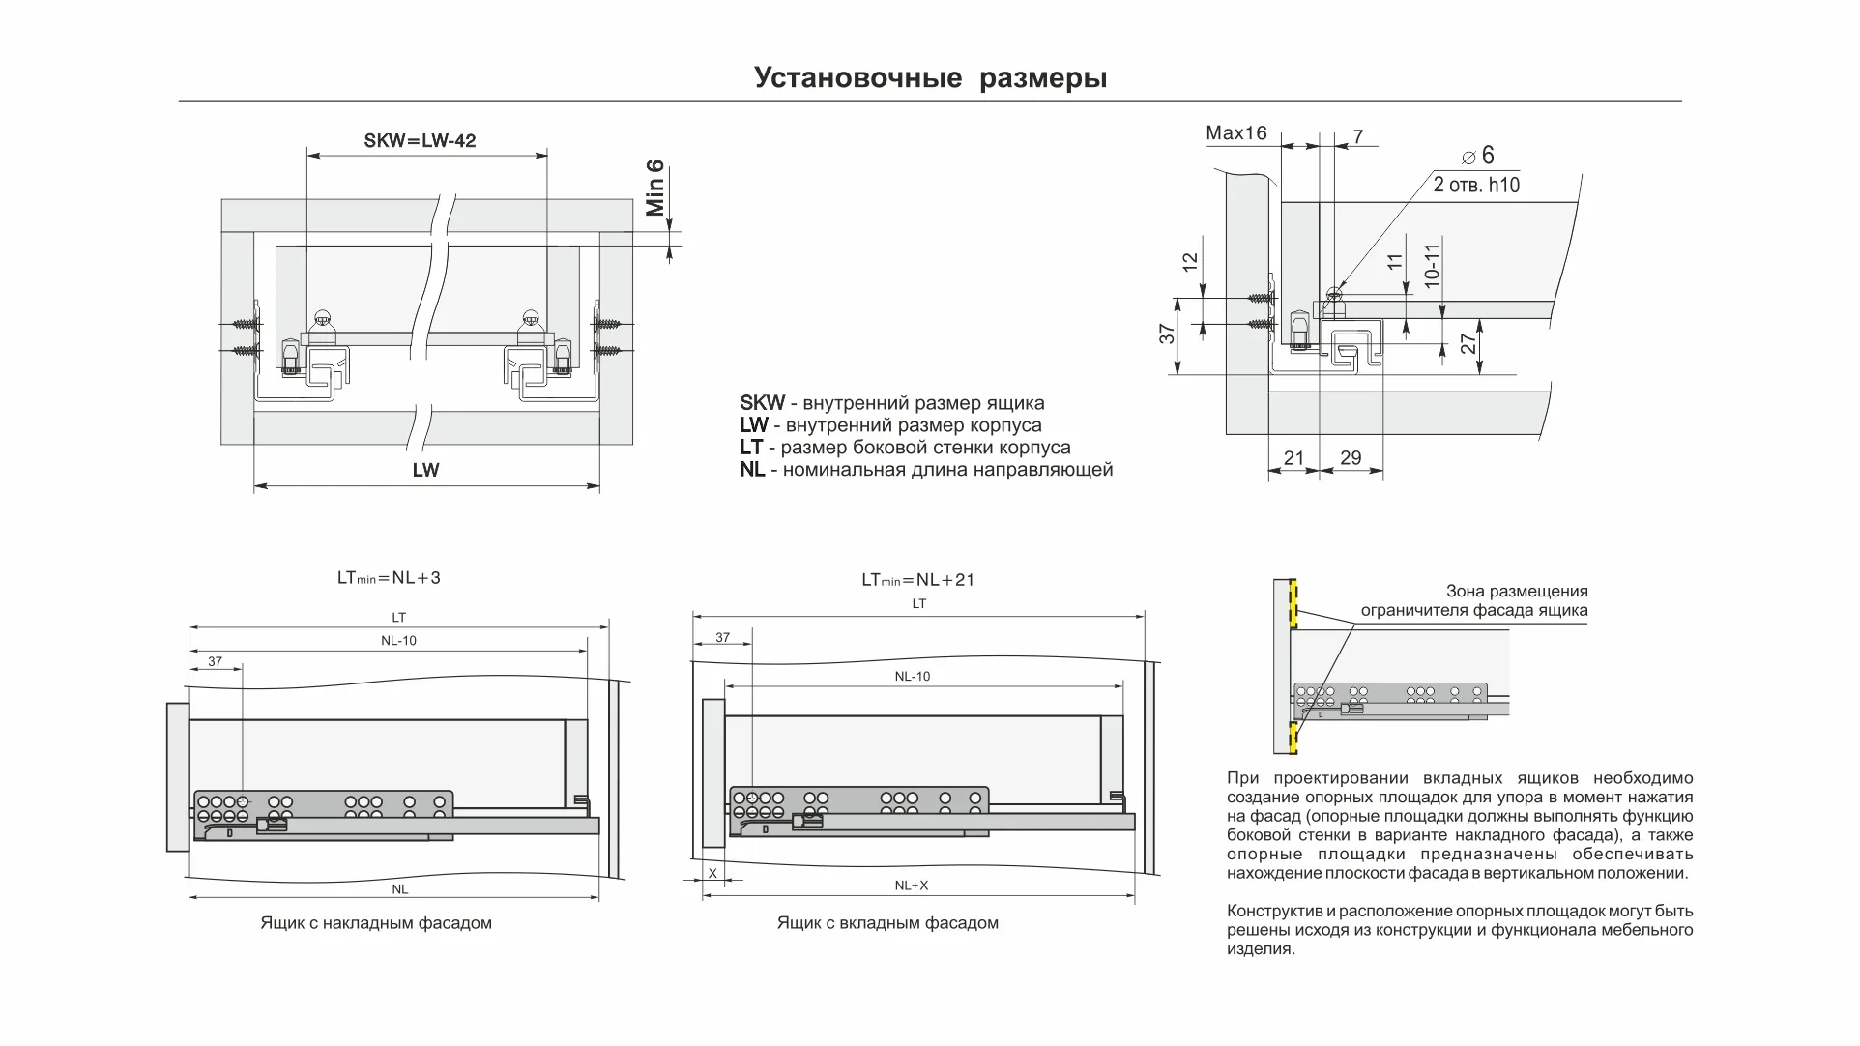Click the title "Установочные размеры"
click(x=930, y=77)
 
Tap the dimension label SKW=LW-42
click(x=420, y=141)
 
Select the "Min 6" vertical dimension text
click(x=655, y=189)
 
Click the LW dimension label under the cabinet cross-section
click(x=425, y=471)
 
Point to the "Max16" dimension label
click(x=1235, y=133)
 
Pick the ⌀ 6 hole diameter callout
click(x=1478, y=156)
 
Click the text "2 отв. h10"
click(x=1476, y=185)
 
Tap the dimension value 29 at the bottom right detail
click(x=1351, y=458)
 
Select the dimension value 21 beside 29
click(x=1293, y=458)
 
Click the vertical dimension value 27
click(x=1468, y=343)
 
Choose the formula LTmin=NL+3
click(x=389, y=578)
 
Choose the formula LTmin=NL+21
click(x=917, y=580)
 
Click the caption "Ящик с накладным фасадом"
click(x=376, y=923)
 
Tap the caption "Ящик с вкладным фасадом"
click(x=887, y=923)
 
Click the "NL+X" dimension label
click(x=911, y=886)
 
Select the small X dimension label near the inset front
click(x=712, y=873)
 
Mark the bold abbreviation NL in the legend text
click(x=752, y=470)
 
